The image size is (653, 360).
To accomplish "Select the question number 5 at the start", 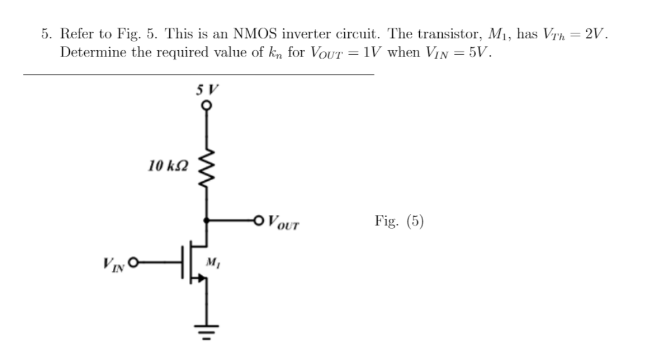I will (x=45, y=35).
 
